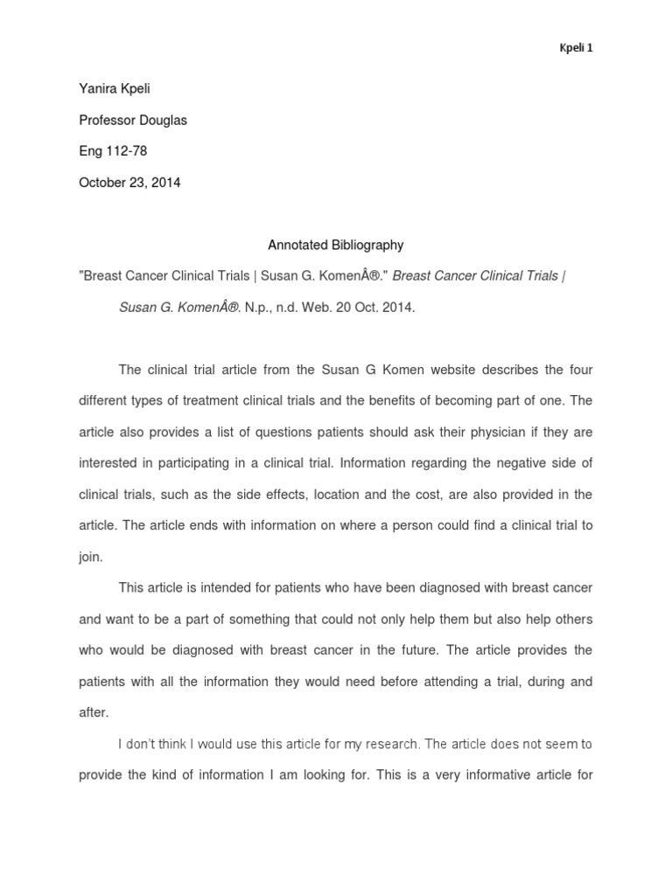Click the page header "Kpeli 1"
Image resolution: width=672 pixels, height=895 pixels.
576,47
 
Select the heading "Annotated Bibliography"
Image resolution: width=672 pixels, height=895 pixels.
336,246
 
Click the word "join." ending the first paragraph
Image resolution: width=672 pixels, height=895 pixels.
91,557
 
